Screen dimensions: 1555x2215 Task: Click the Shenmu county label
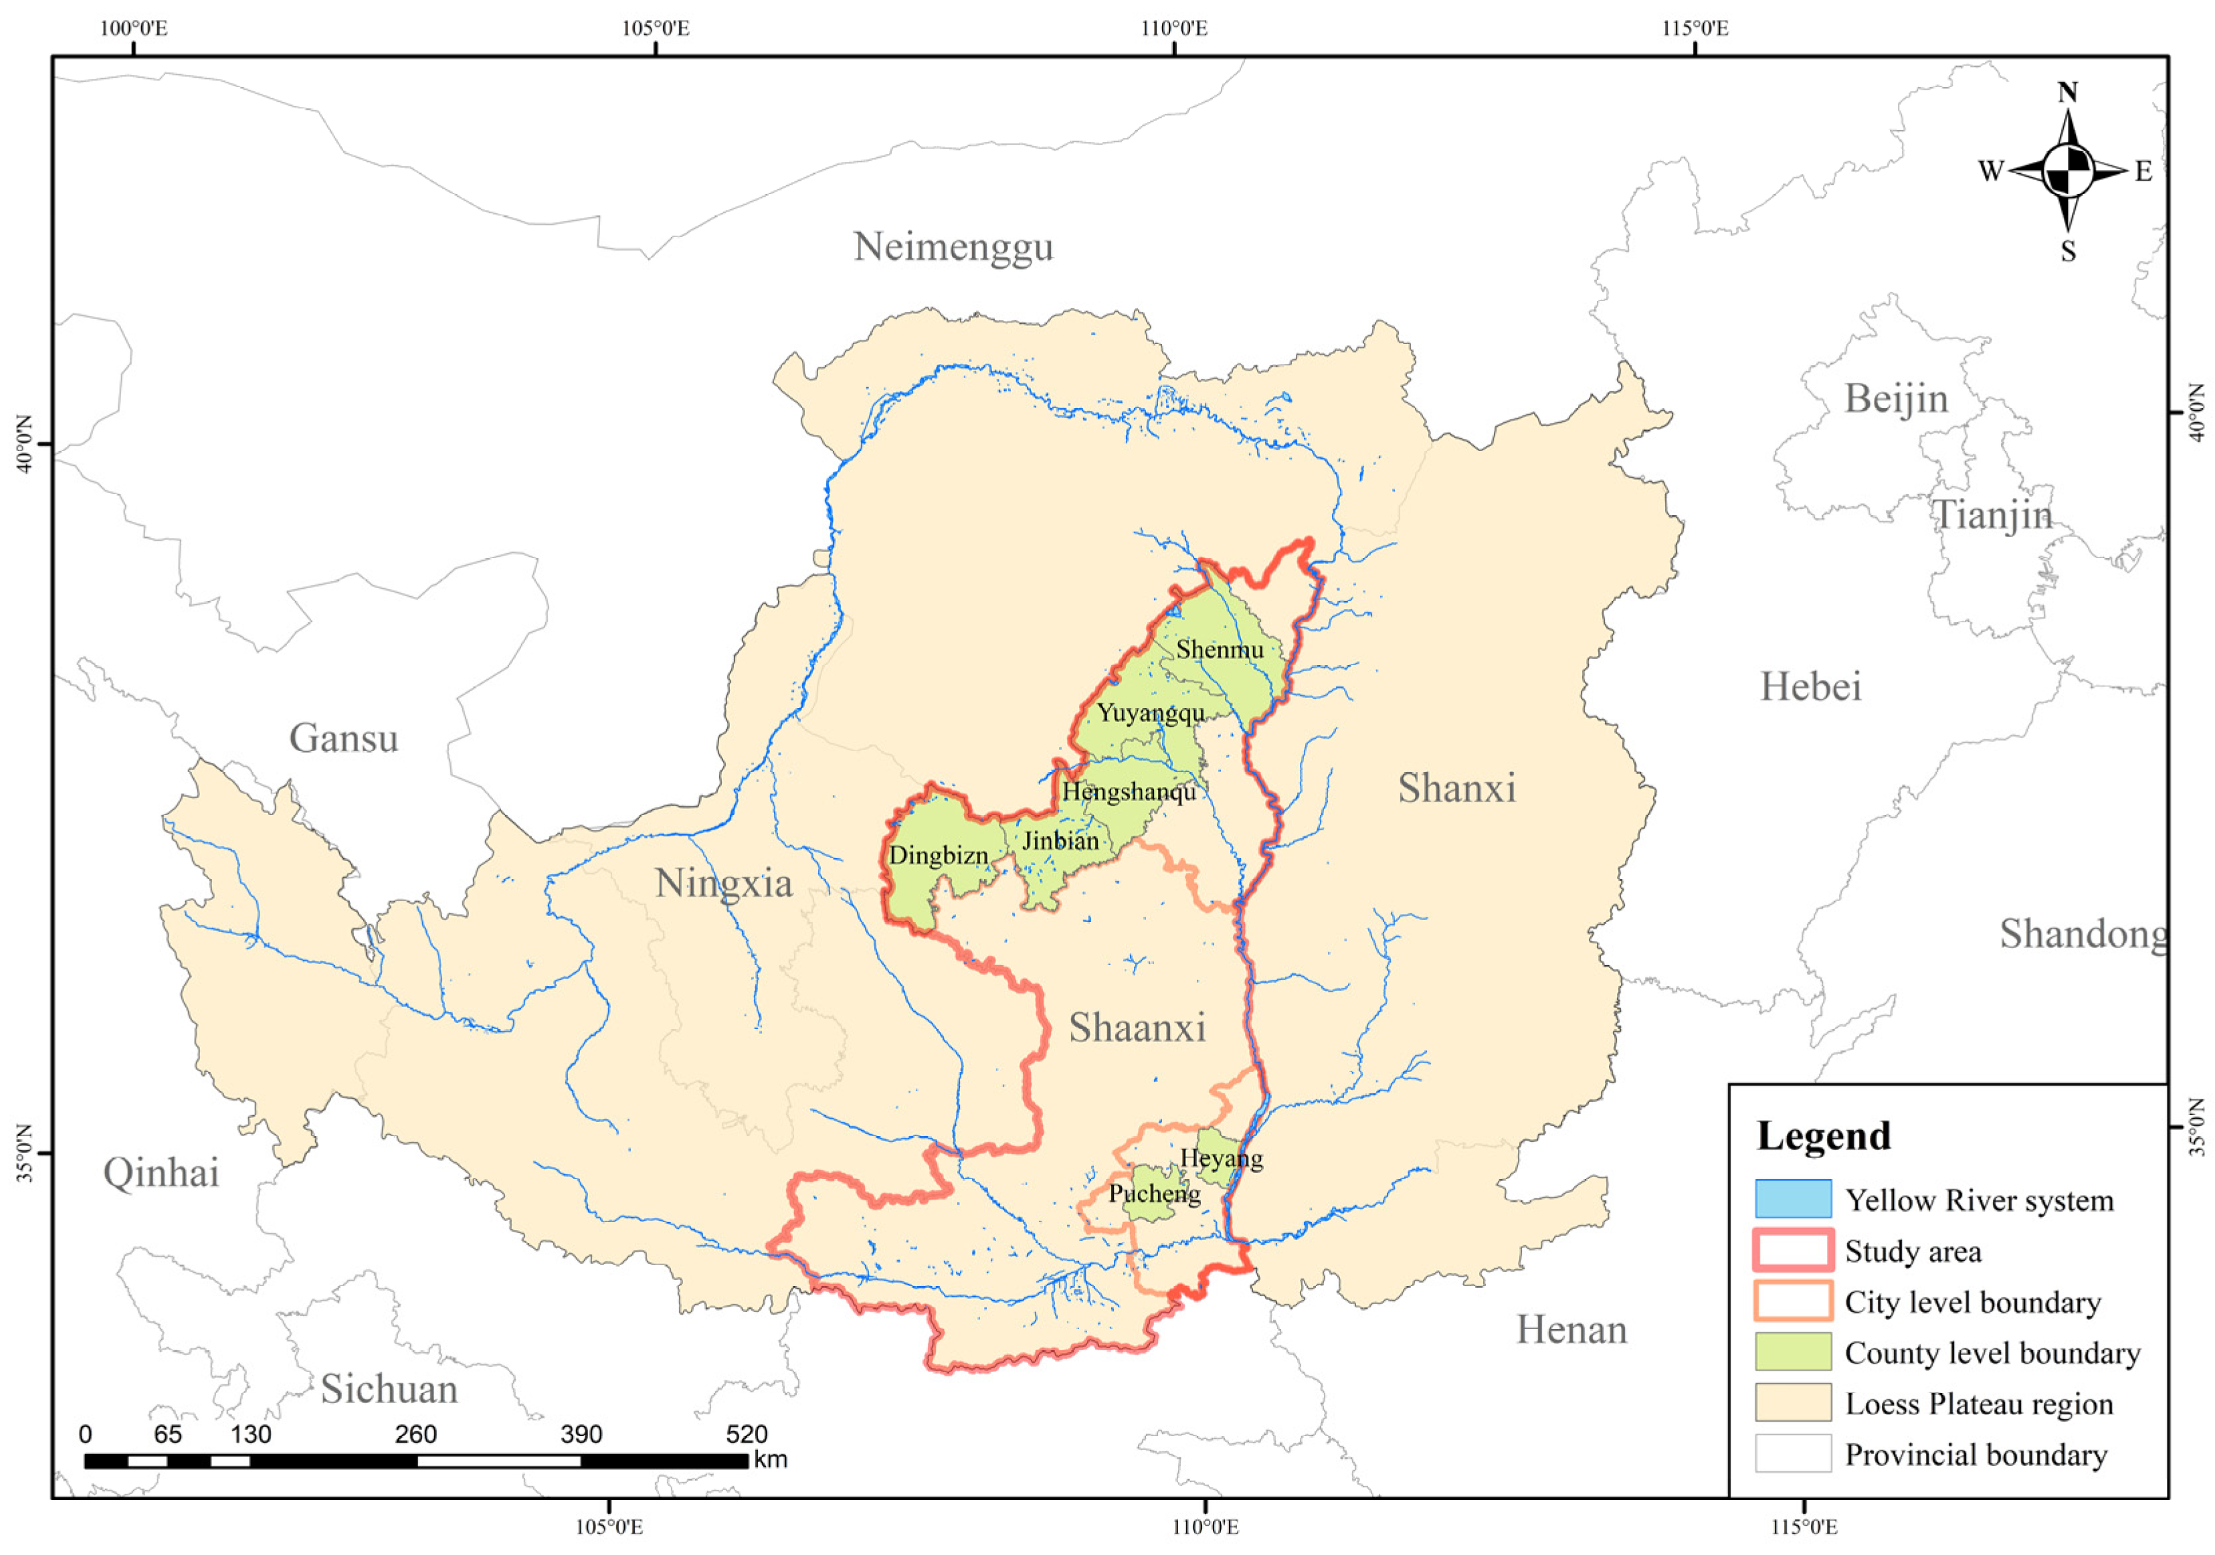pos(1220,649)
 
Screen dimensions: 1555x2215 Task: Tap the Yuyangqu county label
pos(1151,713)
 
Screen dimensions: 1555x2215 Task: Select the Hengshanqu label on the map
pos(1129,792)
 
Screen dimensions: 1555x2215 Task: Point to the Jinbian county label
pos(1060,840)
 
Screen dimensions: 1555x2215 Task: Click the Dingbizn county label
pos(939,854)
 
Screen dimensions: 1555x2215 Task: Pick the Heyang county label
pos(1222,1158)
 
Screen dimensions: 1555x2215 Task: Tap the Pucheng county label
pos(1155,1193)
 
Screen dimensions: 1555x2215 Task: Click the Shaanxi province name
pos(1137,1028)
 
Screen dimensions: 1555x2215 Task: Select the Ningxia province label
pos(724,883)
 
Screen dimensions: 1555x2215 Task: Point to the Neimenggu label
pos(953,247)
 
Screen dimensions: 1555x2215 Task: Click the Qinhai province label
pos(161,1173)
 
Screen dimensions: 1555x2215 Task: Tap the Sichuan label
pos(389,1389)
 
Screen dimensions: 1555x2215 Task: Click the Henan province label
pos(1571,1330)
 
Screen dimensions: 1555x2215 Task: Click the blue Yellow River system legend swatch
pos(1792,1199)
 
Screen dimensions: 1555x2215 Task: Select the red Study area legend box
pos(1792,1250)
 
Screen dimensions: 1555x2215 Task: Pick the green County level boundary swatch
pos(1792,1352)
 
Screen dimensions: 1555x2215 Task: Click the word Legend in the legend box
pos(1824,1135)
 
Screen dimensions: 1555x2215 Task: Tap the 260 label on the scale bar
pos(416,1435)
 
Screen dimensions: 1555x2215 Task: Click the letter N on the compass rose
pos(2066,92)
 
